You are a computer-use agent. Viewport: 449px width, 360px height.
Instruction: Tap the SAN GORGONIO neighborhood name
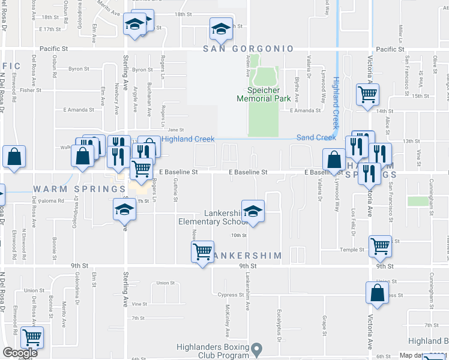248,49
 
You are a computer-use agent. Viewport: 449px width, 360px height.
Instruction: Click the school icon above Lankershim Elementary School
253,211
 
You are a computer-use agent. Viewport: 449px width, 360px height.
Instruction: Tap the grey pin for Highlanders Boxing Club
258,348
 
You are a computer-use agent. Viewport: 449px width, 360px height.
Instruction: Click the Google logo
20,353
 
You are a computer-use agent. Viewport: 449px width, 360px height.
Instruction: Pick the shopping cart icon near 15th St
367,94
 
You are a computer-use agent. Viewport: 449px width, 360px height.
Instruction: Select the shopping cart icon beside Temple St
380,245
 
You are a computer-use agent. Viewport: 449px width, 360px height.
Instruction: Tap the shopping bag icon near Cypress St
377,293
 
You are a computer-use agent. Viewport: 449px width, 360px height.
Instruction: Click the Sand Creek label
317,137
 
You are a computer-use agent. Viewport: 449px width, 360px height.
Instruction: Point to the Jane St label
175,130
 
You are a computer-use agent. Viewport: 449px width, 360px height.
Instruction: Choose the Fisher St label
30,90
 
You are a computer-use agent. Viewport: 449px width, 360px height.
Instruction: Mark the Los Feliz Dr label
354,219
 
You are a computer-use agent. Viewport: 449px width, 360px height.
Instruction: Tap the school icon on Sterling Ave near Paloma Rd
124,210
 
